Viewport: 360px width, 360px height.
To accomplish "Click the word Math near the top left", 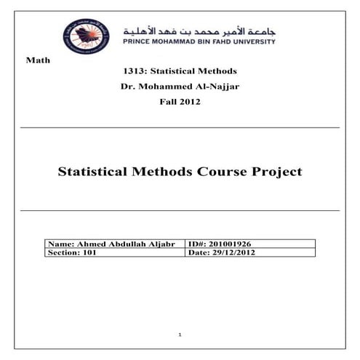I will (x=37, y=60).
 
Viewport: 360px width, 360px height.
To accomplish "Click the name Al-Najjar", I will (x=218, y=87).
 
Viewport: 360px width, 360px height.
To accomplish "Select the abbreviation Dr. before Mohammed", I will (x=128, y=87).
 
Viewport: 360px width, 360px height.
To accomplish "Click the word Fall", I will (x=167, y=102).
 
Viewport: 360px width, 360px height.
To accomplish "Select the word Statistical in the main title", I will (x=95, y=172).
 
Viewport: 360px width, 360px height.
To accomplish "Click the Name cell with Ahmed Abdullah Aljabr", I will (x=115, y=244).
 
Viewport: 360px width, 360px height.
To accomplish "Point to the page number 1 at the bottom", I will (x=180, y=334).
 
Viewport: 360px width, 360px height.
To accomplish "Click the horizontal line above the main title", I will (x=180, y=128).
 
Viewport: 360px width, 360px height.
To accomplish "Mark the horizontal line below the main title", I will (x=180, y=211).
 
